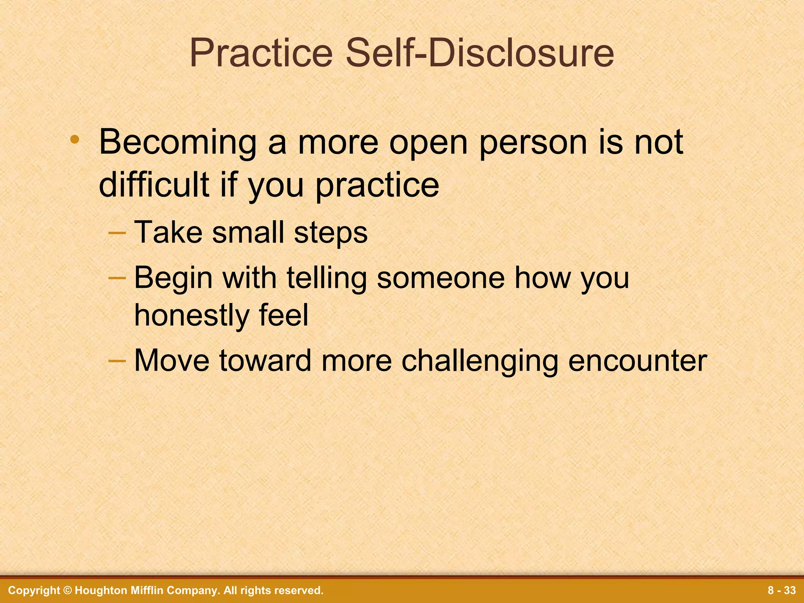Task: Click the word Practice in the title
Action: (261, 53)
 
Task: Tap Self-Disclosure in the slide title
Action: (480, 53)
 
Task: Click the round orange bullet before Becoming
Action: (75, 140)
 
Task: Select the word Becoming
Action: (177, 143)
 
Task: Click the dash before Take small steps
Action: (117, 232)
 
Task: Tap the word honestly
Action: (191, 316)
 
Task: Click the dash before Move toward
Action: (117, 360)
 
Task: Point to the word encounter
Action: (638, 361)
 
